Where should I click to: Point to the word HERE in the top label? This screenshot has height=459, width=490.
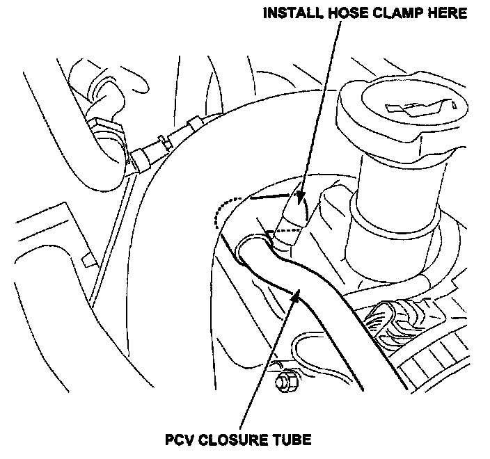coord(445,14)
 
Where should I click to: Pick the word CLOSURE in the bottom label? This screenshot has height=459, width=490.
coord(230,440)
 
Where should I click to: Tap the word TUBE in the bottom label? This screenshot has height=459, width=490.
coord(289,440)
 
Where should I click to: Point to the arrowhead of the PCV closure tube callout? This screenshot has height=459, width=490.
coord(297,296)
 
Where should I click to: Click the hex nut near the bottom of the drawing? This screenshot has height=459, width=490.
coord(283,381)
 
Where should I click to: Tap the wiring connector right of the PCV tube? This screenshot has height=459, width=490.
coord(393,321)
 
